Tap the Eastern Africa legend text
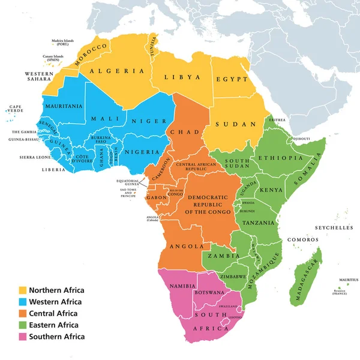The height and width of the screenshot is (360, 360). coord(58,325)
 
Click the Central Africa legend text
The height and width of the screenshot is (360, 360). coord(58,313)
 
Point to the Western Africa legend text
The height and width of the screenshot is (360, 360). coord(59,302)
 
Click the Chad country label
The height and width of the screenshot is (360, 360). coord(181,131)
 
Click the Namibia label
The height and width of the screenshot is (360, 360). coord(182,287)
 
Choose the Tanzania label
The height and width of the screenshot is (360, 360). coord(259,222)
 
